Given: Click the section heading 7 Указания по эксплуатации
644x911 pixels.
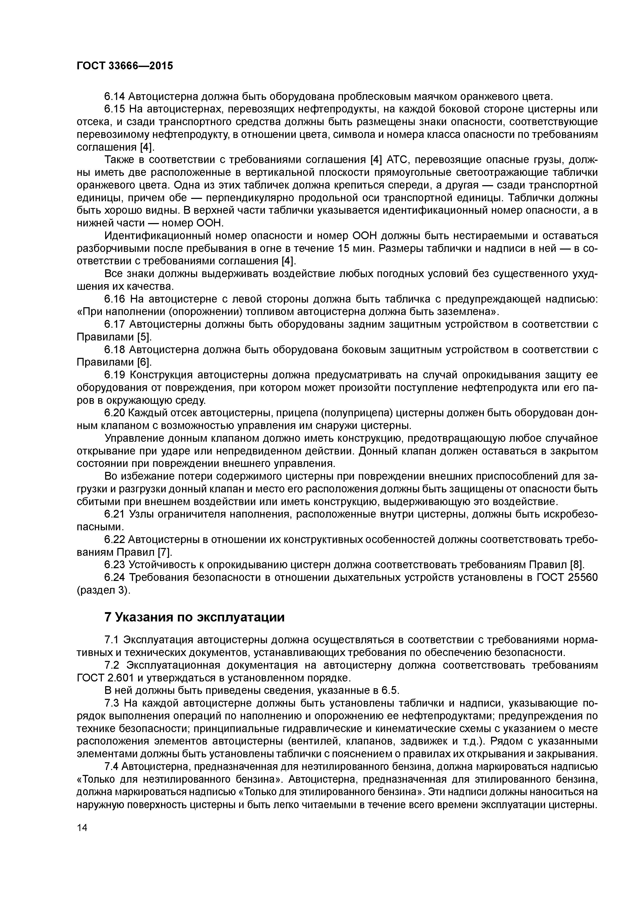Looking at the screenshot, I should [194, 617].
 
